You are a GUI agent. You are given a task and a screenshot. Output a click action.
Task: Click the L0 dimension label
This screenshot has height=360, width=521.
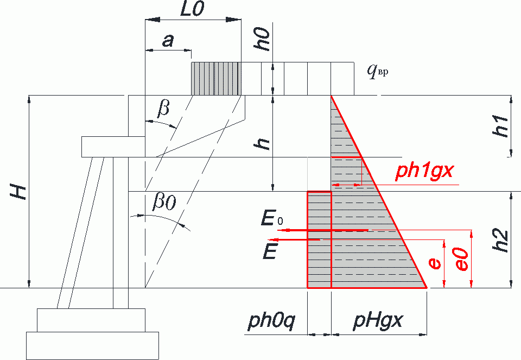(192, 9)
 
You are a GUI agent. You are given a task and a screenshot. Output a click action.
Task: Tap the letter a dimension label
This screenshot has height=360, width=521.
(168, 41)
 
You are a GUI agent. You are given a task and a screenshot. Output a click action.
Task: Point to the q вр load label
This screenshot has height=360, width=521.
(378, 71)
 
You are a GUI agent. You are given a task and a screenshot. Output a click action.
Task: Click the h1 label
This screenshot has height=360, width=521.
(501, 127)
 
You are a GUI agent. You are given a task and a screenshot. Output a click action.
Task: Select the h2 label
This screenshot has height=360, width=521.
(501, 240)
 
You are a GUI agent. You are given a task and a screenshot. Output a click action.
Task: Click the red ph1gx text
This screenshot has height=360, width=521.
(424, 171)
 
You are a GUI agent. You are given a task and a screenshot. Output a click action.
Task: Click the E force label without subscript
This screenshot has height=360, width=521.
(270, 251)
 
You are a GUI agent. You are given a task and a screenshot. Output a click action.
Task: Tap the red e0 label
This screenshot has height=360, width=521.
(462, 259)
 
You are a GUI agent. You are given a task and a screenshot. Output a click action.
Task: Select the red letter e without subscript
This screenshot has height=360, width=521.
(435, 263)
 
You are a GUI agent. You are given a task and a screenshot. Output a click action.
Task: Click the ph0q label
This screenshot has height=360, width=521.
(272, 322)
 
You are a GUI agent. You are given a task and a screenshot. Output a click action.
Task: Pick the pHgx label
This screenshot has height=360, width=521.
(378, 321)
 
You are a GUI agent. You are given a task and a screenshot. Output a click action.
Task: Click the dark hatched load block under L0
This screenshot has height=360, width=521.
(216, 78)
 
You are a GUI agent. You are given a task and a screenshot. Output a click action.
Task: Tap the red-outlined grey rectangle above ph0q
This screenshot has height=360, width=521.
(319, 239)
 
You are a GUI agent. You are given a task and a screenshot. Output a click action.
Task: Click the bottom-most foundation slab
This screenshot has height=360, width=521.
(92, 346)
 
